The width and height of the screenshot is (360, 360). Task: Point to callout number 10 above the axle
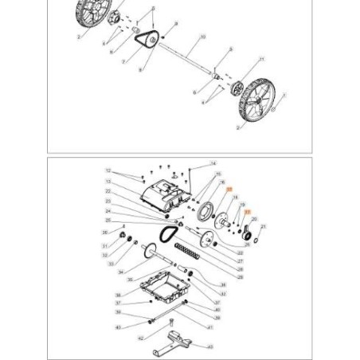tap(204, 37)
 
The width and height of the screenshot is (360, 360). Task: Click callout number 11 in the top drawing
tap(263, 60)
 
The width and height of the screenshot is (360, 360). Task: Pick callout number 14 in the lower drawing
tap(213, 163)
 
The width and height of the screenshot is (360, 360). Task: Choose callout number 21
tap(263, 227)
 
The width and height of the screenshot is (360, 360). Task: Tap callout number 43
tap(210, 346)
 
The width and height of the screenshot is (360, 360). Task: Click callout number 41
tap(210, 327)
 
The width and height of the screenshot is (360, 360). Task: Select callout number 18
tap(237, 197)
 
